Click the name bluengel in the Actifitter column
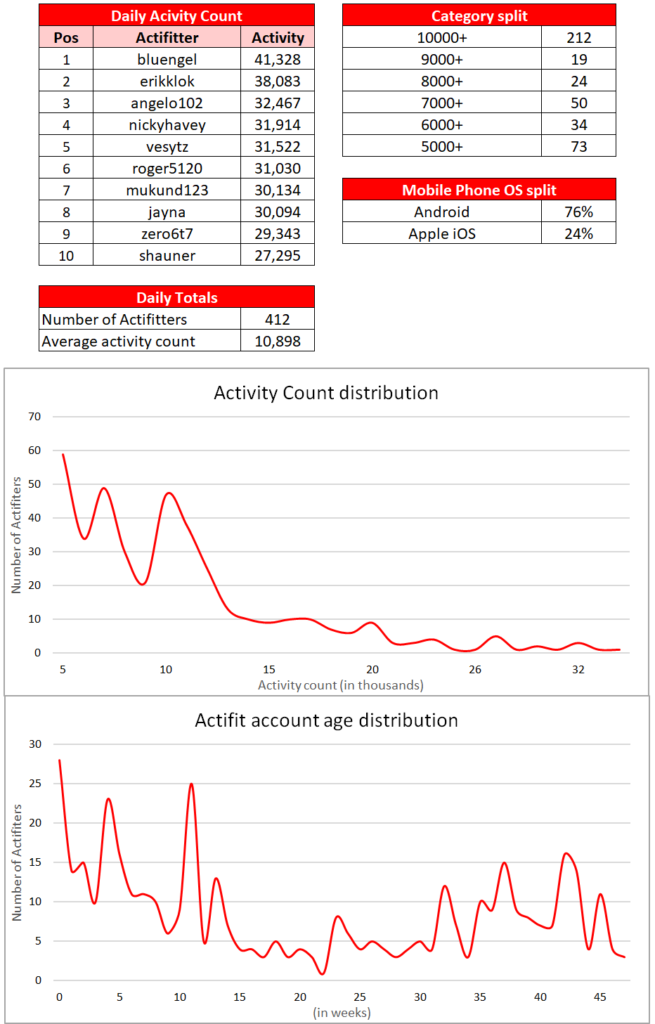[x=167, y=60]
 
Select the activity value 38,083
[x=277, y=82]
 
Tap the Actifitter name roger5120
[x=167, y=169]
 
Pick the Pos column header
[x=66, y=38]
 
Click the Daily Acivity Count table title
[x=176, y=15]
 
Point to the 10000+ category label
[x=441, y=38]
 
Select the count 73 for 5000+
[x=578, y=147]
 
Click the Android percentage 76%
[x=578, y=212]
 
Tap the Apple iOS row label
[x=441, y=234]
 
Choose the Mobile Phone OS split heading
[x=479, y=190]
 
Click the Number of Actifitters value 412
[x=277, y=320]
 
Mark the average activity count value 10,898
[x=277, y=342]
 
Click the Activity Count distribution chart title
[x=326, y=393]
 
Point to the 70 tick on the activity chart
[x=34, y=417]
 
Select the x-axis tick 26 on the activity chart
[x=475, y=670]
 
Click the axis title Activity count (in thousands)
[x=341, y=685]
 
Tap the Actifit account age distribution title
[x=326, y=720]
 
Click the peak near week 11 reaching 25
[x=191, y=784]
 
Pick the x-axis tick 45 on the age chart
[x=599, y=997]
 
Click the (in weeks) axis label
[x=342, y=1013]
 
